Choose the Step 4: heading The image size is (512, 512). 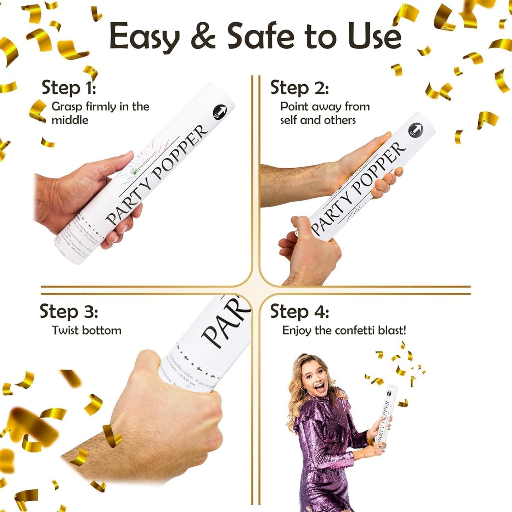[299, 312]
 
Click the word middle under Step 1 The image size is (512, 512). [70, 120]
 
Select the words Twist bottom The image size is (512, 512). [87, 330]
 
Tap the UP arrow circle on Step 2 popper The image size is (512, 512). [416, 130]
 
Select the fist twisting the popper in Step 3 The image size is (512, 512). [170, 407]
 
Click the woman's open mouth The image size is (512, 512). [320, 387]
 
